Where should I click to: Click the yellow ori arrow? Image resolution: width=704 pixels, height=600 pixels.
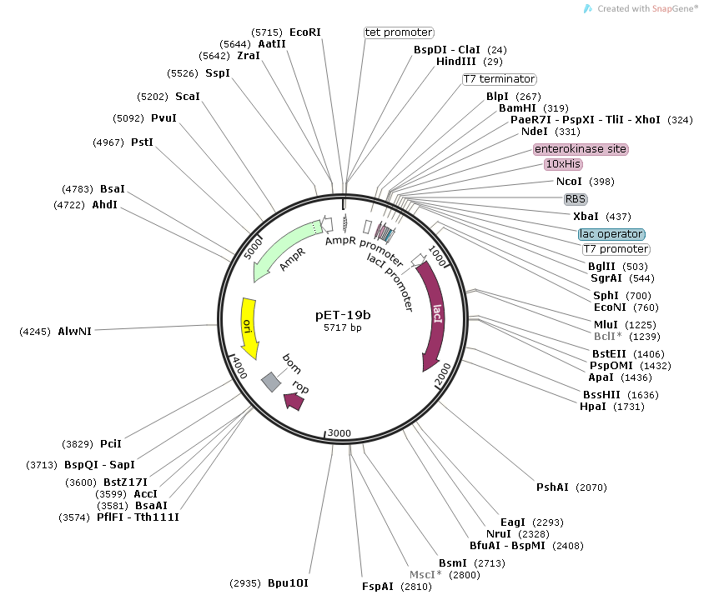248,327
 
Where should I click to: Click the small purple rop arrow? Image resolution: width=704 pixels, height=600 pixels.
294,401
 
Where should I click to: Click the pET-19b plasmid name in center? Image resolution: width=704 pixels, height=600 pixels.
342,316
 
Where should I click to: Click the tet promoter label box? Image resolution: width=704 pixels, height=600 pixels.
399,32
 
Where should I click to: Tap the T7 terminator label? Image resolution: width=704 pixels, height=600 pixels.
499,79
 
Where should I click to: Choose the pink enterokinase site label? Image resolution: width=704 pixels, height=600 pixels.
581,149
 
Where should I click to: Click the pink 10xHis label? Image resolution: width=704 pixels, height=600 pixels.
563,164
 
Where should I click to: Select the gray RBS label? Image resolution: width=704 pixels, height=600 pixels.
576,199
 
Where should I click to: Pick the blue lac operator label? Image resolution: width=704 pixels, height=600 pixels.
611,234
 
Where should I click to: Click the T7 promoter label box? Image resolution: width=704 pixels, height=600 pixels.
616,249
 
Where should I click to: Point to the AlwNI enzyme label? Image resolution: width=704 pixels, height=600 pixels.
74,331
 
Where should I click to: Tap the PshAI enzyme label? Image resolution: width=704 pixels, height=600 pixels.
554,487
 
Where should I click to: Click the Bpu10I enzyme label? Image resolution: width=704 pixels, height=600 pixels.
288,582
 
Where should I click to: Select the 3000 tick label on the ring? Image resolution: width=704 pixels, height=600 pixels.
338,433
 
